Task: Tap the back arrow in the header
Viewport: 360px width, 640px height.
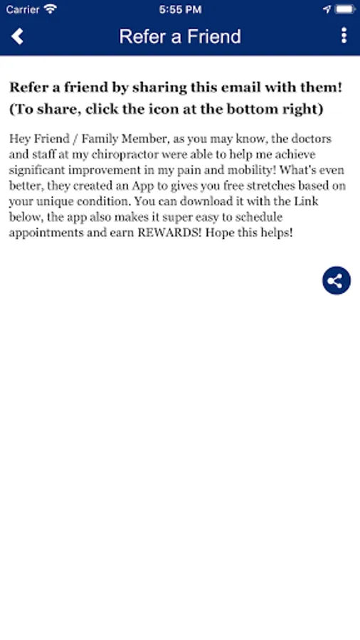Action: pyautogui.click(x=18, y=36)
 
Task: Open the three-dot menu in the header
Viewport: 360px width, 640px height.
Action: pyautogui.click(x=344, y=36)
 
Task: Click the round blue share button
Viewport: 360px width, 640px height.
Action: pyautogui.click(x=337, y=280)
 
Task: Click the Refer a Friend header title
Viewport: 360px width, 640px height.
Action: pyautogui.click(x=180, y=36)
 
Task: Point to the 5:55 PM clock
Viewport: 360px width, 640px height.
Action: pyautogui.click(x=180, y=9)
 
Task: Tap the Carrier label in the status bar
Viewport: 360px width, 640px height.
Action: pyautogui.click(x=23, y=9)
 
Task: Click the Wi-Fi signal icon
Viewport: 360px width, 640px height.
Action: pyautogui.click(x=51, y=9)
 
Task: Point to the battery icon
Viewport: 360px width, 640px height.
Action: pyautogui.click(x=344, y=9)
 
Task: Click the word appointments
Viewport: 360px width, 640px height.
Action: pyautogui.click(x=42, y=233)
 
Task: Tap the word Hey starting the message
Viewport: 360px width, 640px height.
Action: pyautogui.click(x=18, y=139)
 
